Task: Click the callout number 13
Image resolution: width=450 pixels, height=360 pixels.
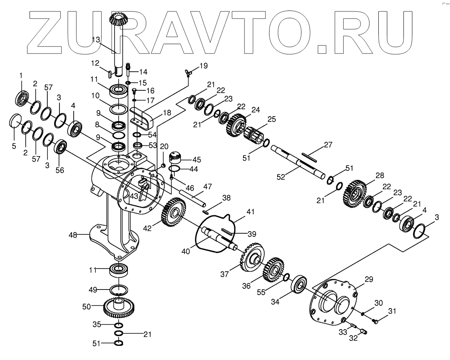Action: [x=96, y=40]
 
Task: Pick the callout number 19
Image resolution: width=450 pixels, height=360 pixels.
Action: [x=203, y=66]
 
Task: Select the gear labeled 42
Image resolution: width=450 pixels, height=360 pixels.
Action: [x=173, y=212]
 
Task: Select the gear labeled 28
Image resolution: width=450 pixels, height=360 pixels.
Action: [x=355, y=192]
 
